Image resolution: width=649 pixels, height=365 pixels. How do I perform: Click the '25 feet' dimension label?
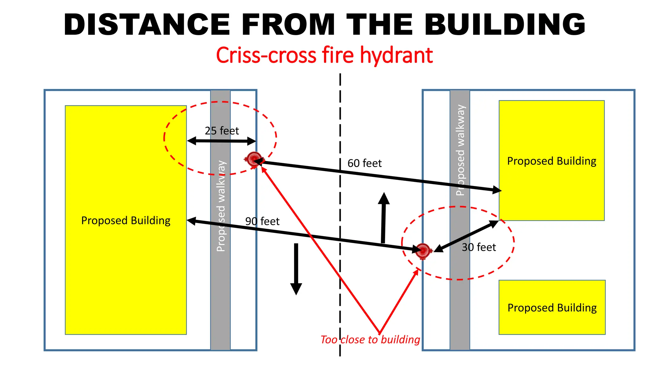pyautogui.click(x=222, y=131)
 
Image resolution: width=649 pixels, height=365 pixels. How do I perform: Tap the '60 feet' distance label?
pyautogui.click(x=364, y=163)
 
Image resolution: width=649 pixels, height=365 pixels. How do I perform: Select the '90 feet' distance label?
pyautogui.click(x=262, y=221)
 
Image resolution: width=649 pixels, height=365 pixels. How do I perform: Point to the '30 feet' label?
pyautogui.click(x=479, y=247)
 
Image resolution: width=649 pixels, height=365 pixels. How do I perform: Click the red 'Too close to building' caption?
pyautogui.click(x=370, y=339)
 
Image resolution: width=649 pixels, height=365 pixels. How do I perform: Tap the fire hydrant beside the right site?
pyautogui.click(x=423, y=251)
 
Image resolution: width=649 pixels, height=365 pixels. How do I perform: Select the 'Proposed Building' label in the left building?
pyautogui.click(x=126, y=221)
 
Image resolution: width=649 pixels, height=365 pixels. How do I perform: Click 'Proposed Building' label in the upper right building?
pyautogui.click(x=552, y=161)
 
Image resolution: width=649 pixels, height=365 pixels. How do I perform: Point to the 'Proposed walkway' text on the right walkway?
pyautogui.click(x=460, y=150)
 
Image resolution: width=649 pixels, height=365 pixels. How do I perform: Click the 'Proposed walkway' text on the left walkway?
pyautogui.click(x=221, y=206)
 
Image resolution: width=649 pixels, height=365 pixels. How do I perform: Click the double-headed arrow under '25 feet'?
pyautogui.click(x=222, y=141)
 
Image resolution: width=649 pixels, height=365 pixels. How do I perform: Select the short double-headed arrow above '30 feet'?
pyautogui.click(x=466, y=236)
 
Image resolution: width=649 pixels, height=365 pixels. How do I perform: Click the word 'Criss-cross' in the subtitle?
pyautogui.click(x=266, y=55)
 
